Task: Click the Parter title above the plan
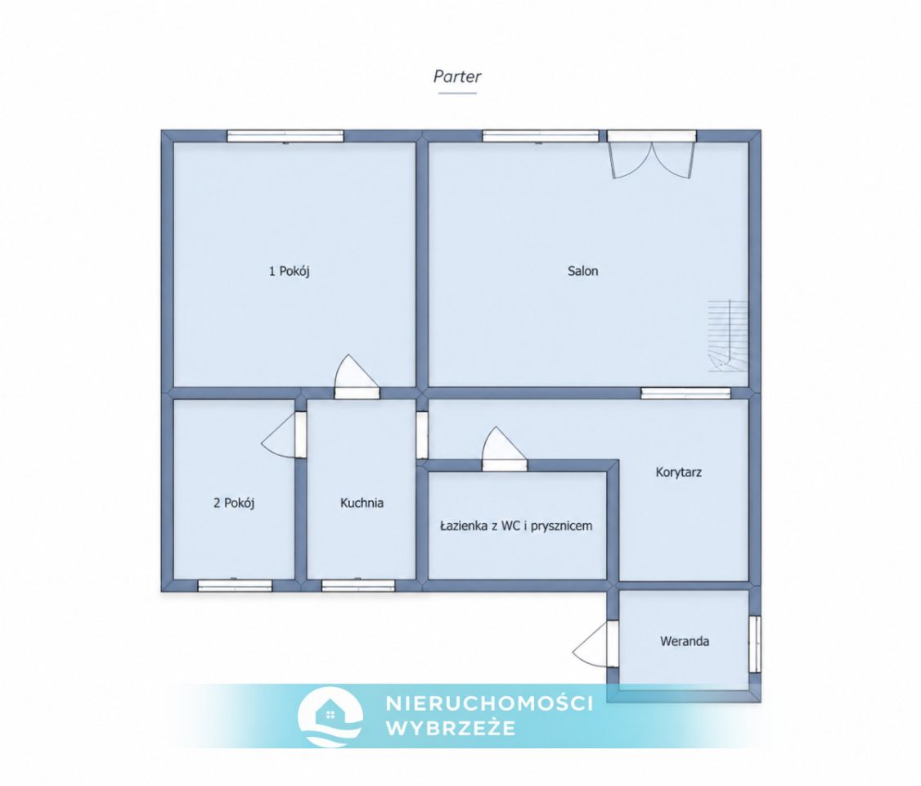click(x=457, y=76)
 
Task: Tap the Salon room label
click(x=582, y=271)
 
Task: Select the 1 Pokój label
click(x=289, y=271)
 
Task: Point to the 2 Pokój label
click(x=234, y=504)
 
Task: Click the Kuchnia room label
click(x=362, y=504)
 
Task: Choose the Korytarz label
click(x=678, y=472)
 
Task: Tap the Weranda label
click(x=685, y=641)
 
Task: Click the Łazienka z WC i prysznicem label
click(x=516, y=526)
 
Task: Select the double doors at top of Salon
click(x=652, y=154)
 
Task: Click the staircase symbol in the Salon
click(x=728, y=336)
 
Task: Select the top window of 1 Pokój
click(x=285, y=137)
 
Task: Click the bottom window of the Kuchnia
click(x=358, y=585)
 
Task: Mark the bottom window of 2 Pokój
click(x=235, y=585)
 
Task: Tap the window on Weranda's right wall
click(x=755, y=644)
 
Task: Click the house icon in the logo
click(x=330, y=712)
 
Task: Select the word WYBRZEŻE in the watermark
click(x=451, y=729)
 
